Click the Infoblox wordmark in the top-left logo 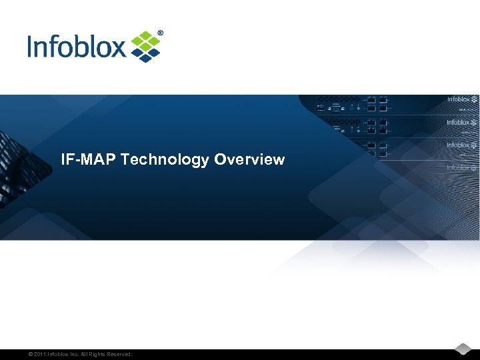tap(77, 47)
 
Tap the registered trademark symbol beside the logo tap(160, 33)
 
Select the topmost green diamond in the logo tap(145, 34)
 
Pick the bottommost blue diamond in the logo tap(145, 59)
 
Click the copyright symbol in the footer tap(23, 354)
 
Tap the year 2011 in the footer tap(36, 354)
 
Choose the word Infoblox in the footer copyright tap(59, 354)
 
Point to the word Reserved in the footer tap(121, 354)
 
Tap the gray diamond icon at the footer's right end tap(464, 349)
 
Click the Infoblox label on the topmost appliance tap(459, 100)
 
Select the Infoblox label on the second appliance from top tap(458, 123)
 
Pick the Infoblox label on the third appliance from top tap(458, 145)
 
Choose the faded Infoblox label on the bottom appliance tap(458, 168)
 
